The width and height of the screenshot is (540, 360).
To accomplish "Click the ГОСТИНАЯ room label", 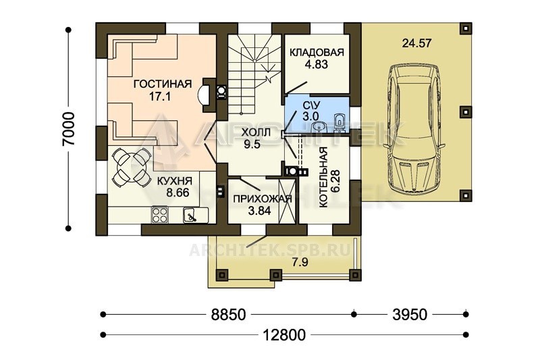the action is [162, 84].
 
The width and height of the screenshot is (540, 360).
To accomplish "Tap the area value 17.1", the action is [160, 97].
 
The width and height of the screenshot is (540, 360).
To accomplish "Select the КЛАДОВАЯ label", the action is [317, 53].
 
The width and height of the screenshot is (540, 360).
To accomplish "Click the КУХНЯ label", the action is [175, 181].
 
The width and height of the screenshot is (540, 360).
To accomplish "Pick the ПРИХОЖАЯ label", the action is [263, 199].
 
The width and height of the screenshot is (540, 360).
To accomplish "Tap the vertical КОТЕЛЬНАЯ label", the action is [323, 178].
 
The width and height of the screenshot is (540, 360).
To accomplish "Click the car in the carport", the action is [415, 130].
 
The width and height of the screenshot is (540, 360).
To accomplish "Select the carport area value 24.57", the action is [416, 43].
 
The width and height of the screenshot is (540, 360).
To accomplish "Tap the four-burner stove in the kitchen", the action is [159, 215].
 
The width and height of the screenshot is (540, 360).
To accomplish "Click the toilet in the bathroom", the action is [340, 122].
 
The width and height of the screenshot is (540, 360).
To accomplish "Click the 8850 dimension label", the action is [229, 315].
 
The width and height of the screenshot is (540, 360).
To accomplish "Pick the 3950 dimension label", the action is [410, 315].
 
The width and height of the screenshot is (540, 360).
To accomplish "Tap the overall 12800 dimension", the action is [284, 334].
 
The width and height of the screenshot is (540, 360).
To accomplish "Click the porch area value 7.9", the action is [300, 263].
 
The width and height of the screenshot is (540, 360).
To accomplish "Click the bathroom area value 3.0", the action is [310, 115].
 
